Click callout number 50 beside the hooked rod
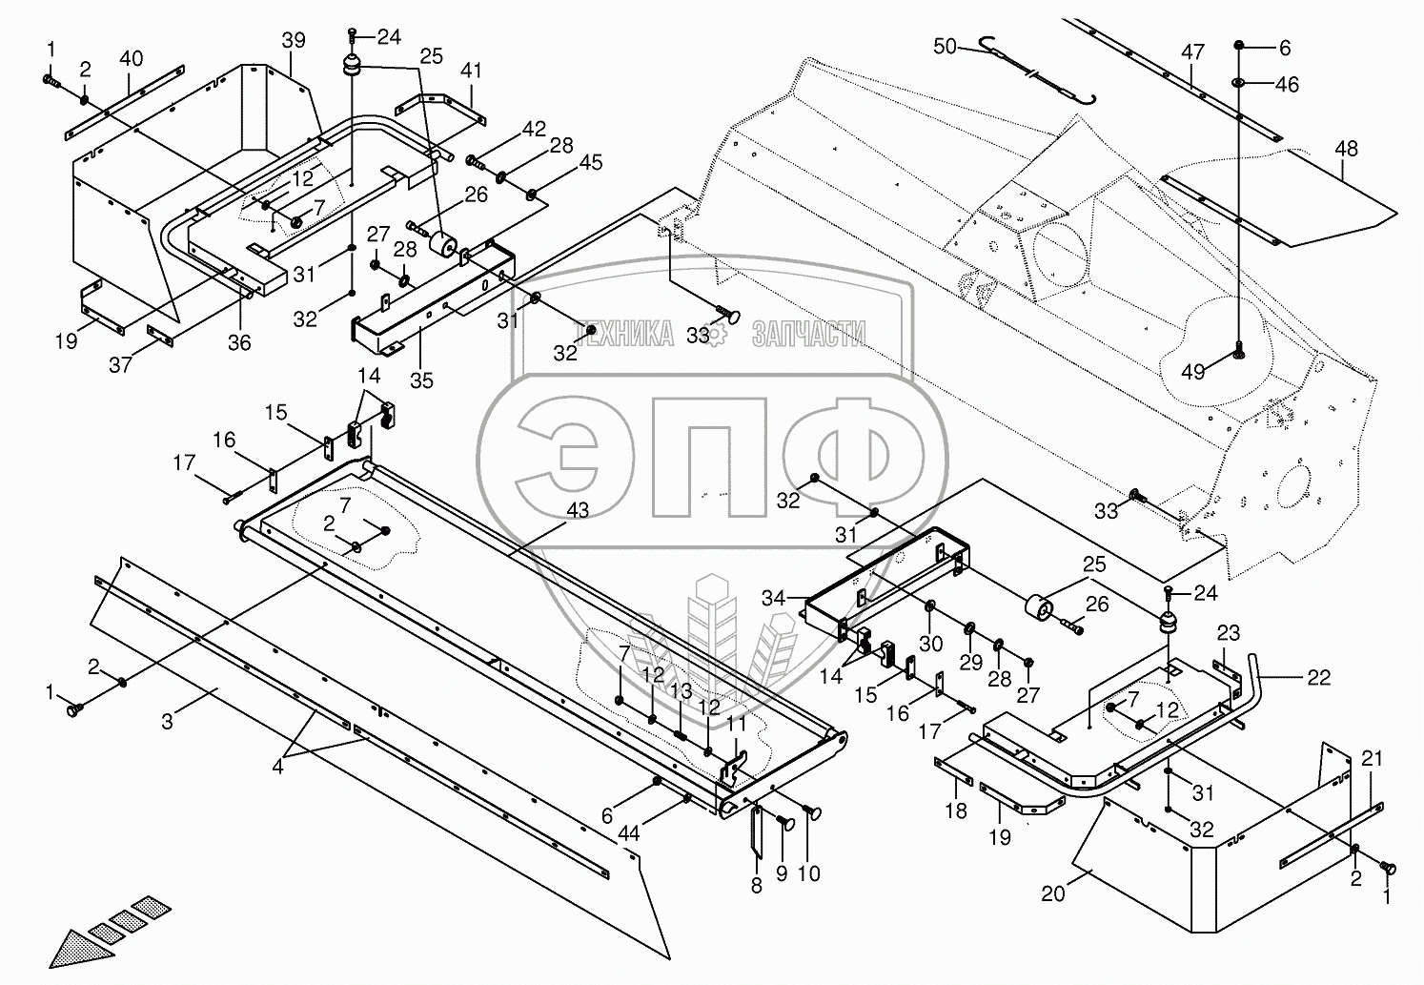tap(946, 47)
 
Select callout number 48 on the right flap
tap(1347, 149)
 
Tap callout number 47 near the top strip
tap(1193, 51)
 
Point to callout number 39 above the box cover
tap(294, 40)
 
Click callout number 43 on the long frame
tap(578, 510)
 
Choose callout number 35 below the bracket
tap(421, 380)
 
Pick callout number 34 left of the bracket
tap(774, 599)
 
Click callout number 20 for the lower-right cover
tap(1052, 893)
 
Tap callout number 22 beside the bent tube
tap(1318, 677)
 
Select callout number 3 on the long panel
tap(167, 722)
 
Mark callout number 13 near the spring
tap(681, 691)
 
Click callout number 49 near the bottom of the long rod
tap(1192, 371)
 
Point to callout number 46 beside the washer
tap(1287, 85)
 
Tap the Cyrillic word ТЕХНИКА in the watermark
tap(623, 333)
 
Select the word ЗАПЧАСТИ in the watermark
tap(808, 333)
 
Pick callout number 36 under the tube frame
tap(239, 342)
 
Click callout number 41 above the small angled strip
tap(471, 71)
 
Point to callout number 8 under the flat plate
tap(757, 886)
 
